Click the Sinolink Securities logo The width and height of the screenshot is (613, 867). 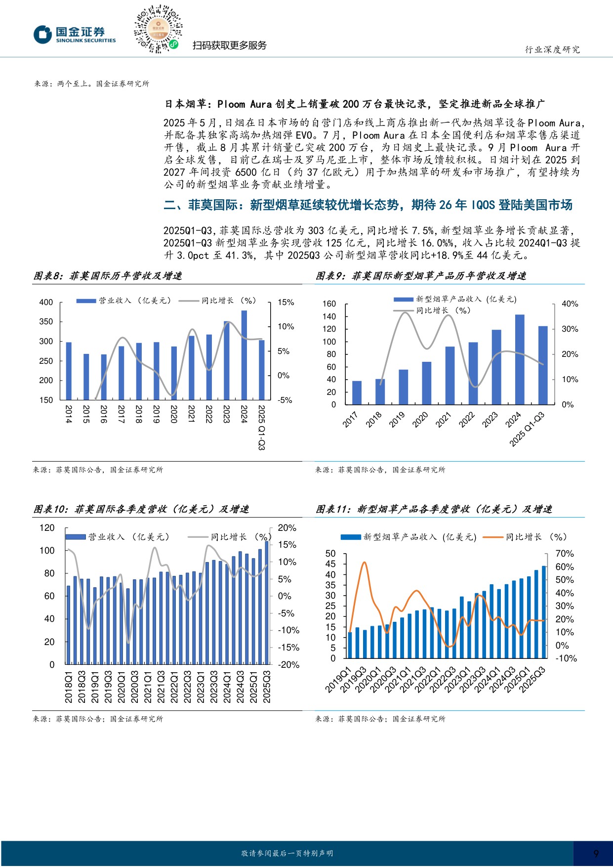pyautogui.click(x=75, y=35)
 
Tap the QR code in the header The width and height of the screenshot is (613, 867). pyautogui.click(x=158, y=29)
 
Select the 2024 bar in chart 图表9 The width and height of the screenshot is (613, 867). pyautogui.click(x=520, y=359)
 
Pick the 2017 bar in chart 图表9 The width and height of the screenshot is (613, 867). pyautogui.click(x=357, y=392)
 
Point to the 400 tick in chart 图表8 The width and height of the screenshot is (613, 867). pyautogui.click(x=46, y=302)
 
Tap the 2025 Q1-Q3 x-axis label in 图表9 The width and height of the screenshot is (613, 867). pyautogui.click(x=527, y=429)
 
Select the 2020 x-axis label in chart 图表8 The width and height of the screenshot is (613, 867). pyautogui.click(x=174, y=414)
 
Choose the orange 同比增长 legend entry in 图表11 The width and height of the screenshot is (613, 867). pyautogui.click(x=525, y=537)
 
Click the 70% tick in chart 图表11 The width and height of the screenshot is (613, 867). pyautogui.click(x=564, y=554)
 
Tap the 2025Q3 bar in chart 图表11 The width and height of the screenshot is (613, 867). pyautogui.click(x=544, y=612)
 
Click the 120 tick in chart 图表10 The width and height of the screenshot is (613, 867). pyautogui.click(x=47, y=528)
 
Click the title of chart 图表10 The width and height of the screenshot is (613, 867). pyautogui.click(x=141, y=509)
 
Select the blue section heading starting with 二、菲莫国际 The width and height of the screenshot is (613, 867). pyautogui.click(x=368, y=205)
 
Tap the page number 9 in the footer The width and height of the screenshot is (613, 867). pyautogui.click(x=596, y=854)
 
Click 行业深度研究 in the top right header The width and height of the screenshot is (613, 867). pyautogui.click(x=552, y=49)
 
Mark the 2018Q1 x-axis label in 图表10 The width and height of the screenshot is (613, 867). pyautogui.click(x=68, y=687)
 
